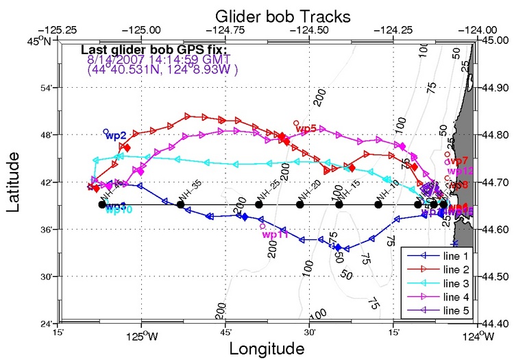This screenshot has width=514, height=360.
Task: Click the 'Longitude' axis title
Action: [x=267, y=348]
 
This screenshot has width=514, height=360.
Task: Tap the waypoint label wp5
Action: [x=306, y=128]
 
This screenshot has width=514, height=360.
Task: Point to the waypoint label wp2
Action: [x=116, y=136]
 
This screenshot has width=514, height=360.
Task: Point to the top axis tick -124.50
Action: [x=309, y=30]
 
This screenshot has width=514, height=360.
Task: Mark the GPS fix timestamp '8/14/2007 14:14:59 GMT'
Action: [x=147, y=60]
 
